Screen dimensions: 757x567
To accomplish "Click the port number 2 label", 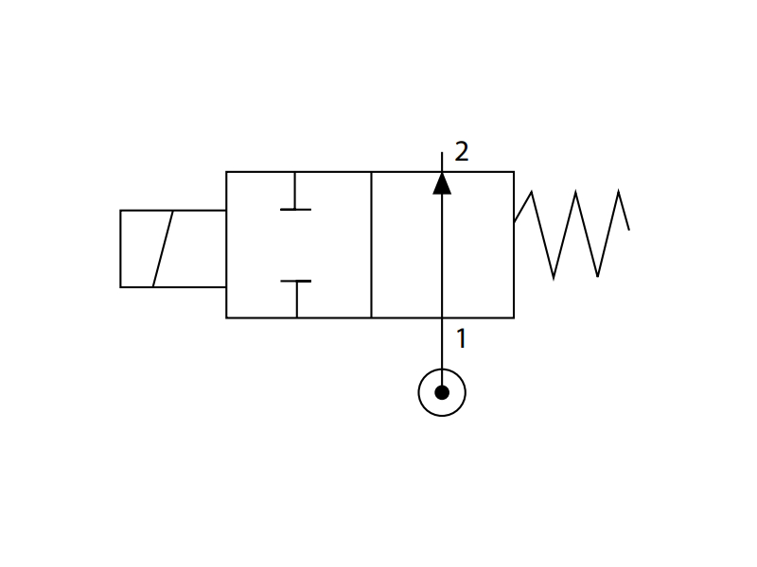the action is (462, 152).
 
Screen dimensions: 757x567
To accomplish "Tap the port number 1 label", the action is (462, 338).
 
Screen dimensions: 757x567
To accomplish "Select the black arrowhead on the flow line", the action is (442, 183).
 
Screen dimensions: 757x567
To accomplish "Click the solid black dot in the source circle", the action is (442, 392).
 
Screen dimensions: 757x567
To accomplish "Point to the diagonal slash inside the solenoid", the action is (163, 249).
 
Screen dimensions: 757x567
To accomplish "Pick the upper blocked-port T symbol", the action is (295, 191).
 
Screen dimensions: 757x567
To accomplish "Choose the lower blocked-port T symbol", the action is (296, 299).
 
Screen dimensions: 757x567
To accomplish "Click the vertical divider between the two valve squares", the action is (371, 245).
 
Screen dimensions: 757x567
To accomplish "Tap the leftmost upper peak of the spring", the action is (532, 192).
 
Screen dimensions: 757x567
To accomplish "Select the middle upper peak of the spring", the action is (575, 192).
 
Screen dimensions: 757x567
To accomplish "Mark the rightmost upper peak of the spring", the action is (619, 191).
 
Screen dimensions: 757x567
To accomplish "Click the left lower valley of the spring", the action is (554, 278).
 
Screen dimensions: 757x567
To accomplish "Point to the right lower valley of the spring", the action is (598, 277).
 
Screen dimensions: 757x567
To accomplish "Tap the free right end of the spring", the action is (629, 230).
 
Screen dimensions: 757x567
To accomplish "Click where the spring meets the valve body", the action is (514, 222).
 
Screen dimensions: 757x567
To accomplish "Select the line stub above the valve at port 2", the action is (442, 162).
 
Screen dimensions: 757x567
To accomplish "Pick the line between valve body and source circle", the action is (442, 343).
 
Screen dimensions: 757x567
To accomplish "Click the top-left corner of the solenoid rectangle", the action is (121, 211).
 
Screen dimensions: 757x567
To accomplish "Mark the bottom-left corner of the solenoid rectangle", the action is (121, 287).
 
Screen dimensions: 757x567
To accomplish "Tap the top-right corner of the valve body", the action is (514, 172).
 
